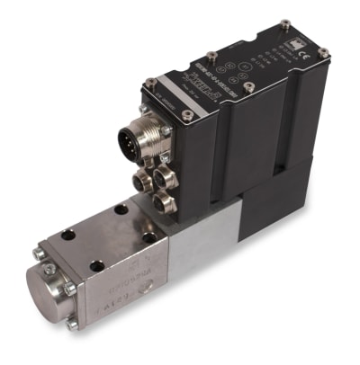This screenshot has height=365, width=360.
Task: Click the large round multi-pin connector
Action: [134, 139]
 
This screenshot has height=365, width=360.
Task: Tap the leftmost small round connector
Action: [140, 182]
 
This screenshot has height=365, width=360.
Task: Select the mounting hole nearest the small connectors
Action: [148, 237]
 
